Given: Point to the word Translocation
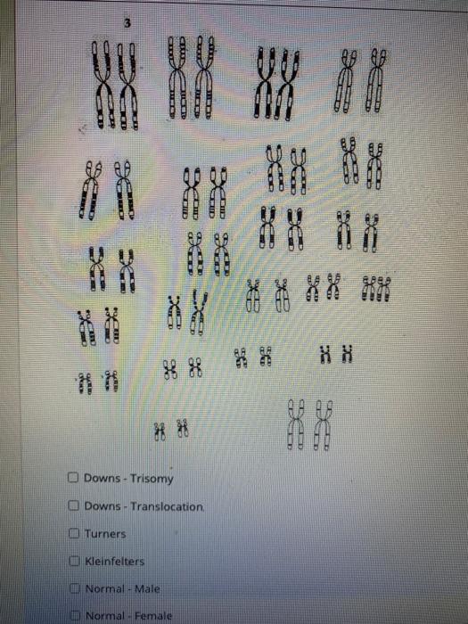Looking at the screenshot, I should [168, 506].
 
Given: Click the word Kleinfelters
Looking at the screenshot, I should [115, 562].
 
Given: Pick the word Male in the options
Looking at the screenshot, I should [144, 588].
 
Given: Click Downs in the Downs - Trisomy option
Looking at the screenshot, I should [102, 480].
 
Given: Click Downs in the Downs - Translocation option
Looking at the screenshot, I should [102, 506].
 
